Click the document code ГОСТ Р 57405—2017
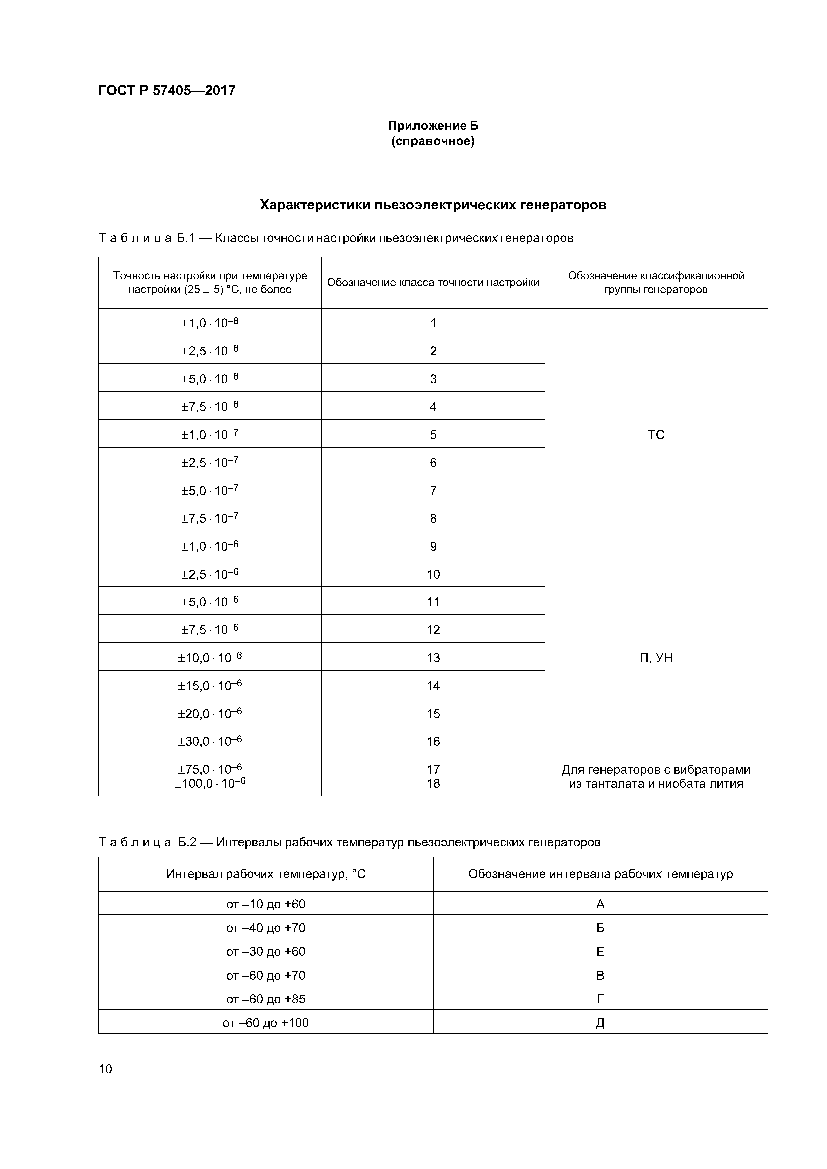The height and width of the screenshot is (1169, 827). tap(167, 91)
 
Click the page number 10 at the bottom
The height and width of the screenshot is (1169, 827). tap(105, 1069)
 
